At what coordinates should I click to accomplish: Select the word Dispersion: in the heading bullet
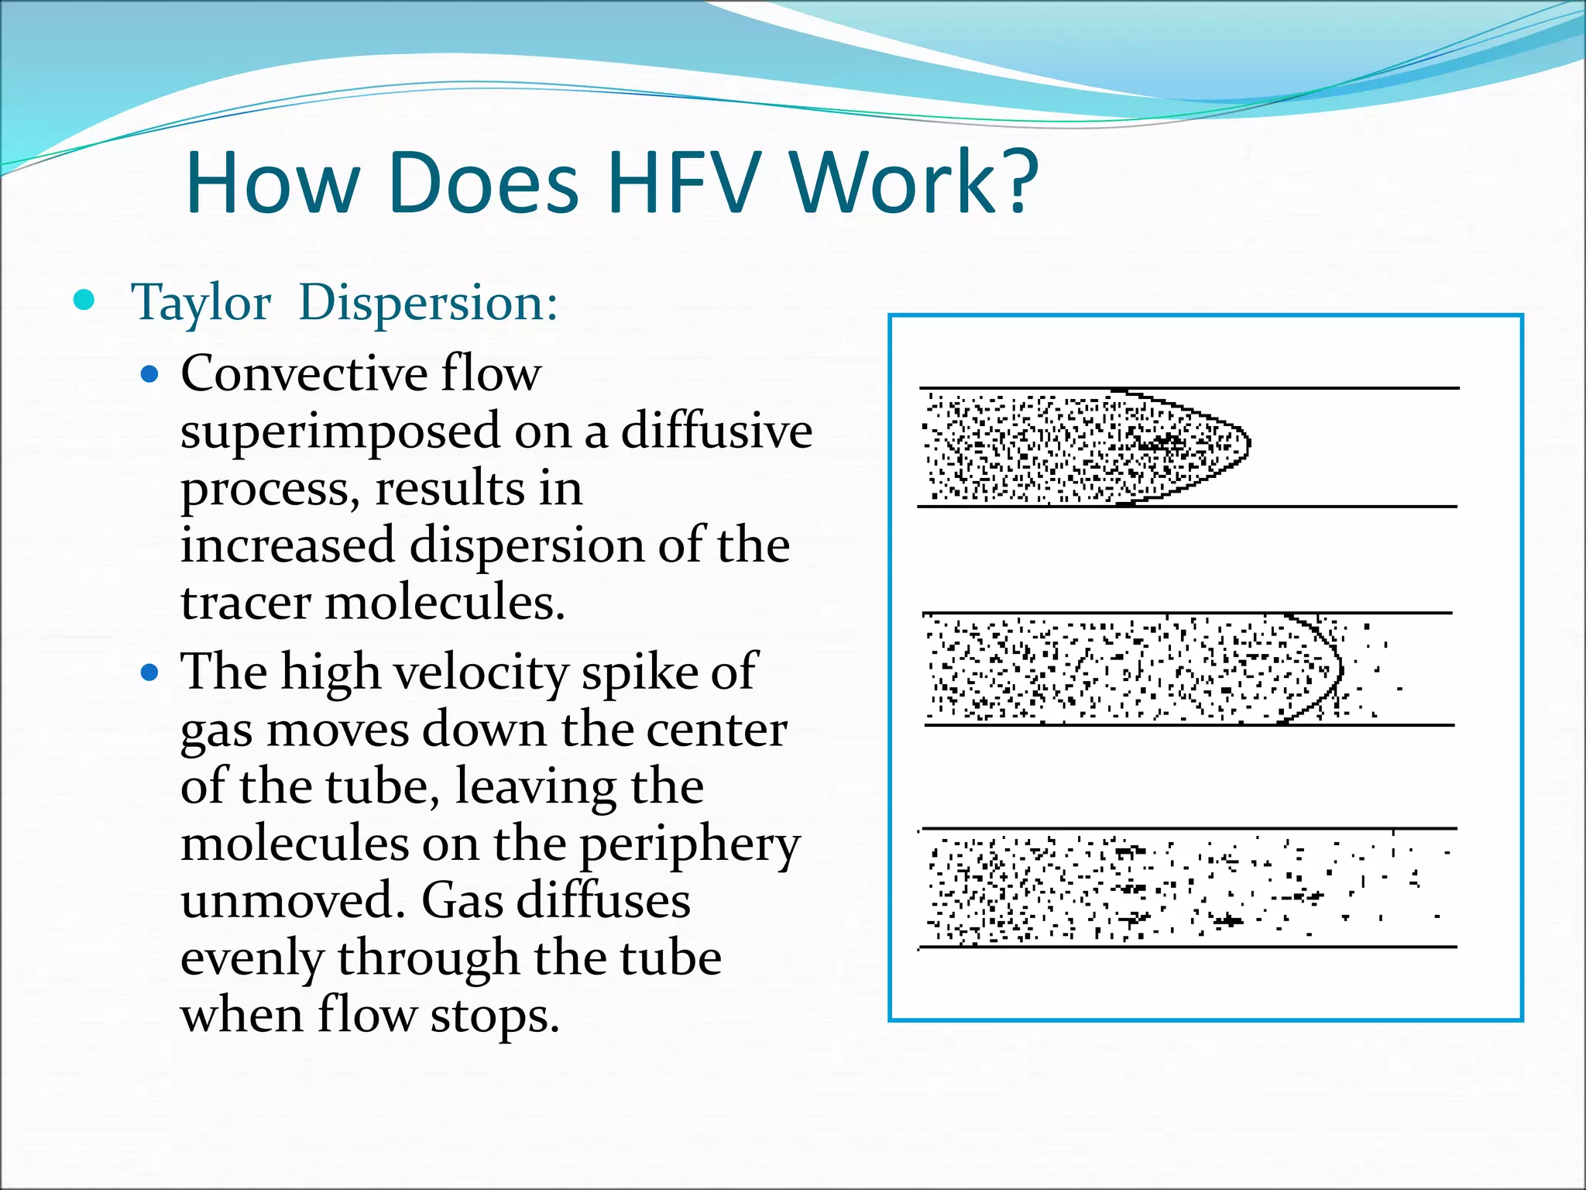click(428, 302)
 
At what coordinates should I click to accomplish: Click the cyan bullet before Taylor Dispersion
click(84, 301)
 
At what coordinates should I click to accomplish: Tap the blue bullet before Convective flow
click(150, 376)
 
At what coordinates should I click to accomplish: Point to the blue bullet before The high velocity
click(150, 672)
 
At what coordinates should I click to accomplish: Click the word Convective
click(304, 374)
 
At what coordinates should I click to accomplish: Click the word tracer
click(245, 603)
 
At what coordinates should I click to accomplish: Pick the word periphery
click(690, 846)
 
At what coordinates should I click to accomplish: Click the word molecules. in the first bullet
click(445, 603)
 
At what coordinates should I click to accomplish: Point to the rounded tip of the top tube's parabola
click(1248, 444)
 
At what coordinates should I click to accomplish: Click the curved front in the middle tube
click(1338, 668)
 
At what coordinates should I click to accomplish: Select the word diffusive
click(716, 432)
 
